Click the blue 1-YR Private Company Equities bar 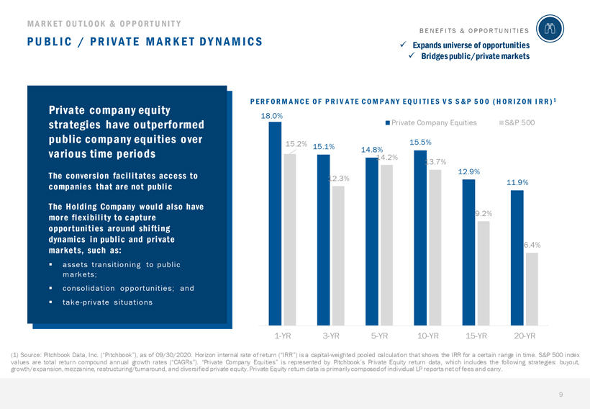pyautogui.click(x=275, y=223)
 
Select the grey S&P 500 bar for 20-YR pyautogui.click(x=532, y=288)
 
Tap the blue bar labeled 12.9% pyautogui.click(x=468, y=252)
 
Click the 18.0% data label pyautogui.click(x=271, y=115)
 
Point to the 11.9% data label pyautogui.click(x=517, y=183)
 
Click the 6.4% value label pyautogui.click(x=532, y=245)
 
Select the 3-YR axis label pyautogui.click(x=331, y=336)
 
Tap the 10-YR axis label pyautogui.click(x=428, y=336)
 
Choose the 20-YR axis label pyautogui.click(x=525, y=336)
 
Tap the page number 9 pyautogui.click(x=560, y=395)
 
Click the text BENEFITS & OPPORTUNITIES pyautogui.click(x=473, y=31)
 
